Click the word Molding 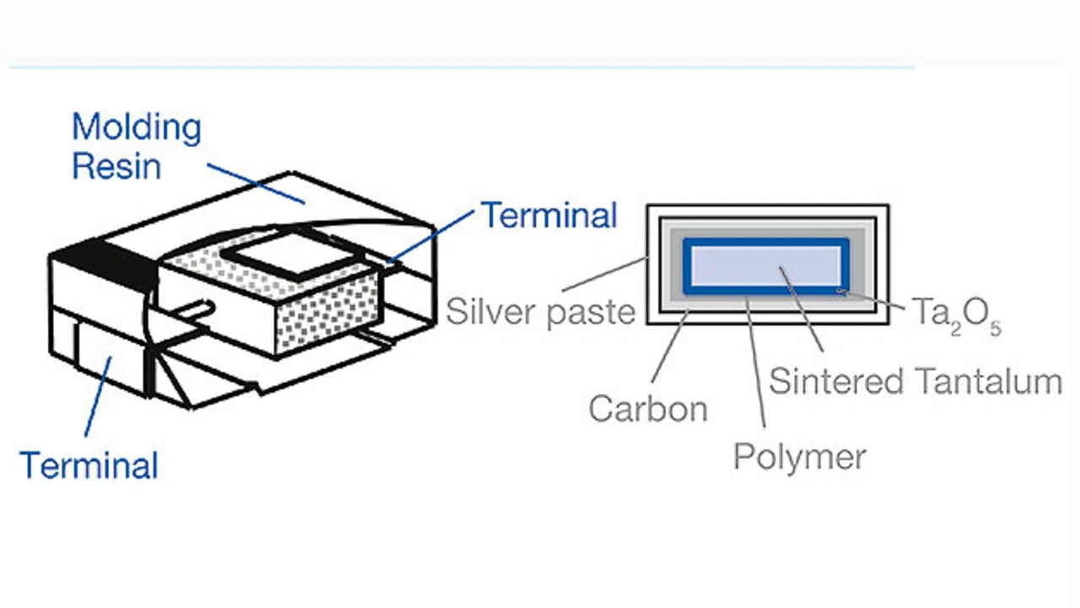pyautogui.click(x=137, y=128)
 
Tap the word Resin pyautogui.click(x=116, y=166)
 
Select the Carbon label pyautogui.click(x=647, y=409)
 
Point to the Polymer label pyautogui.click(x=799, y=457)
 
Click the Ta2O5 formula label pyautogui.click(x=956, y=315)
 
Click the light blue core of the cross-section pyautogui.click(x=766, y=266)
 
